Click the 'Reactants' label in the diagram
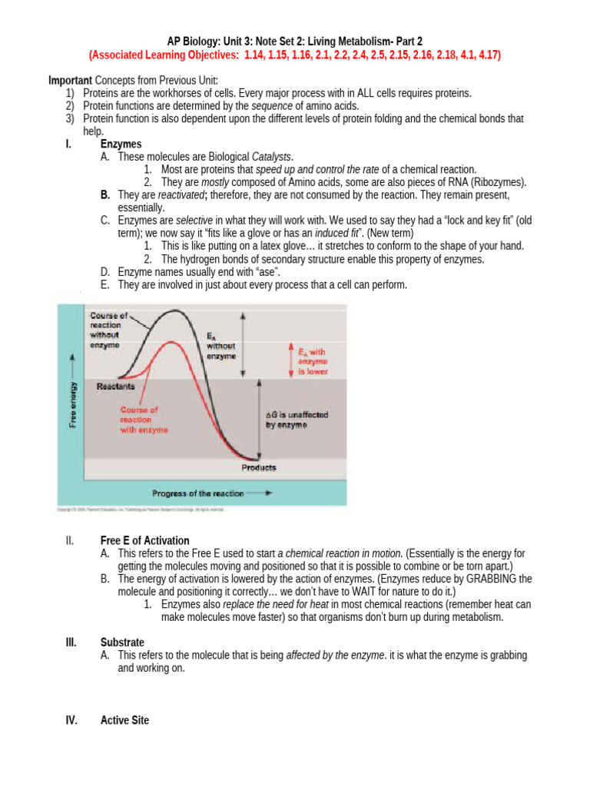[x=116, y=387]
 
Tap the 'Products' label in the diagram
[x=259, y=467]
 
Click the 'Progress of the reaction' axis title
[x=197, y=493]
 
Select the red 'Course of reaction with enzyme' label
[x=143, y=420]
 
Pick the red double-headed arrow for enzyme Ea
[x=290, y=359]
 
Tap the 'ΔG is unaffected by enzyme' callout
[x=297, y=420]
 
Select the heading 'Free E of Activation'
[x=145, y=540]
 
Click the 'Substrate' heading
[x=122, y=642]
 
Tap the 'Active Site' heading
[x=125, y=720]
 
